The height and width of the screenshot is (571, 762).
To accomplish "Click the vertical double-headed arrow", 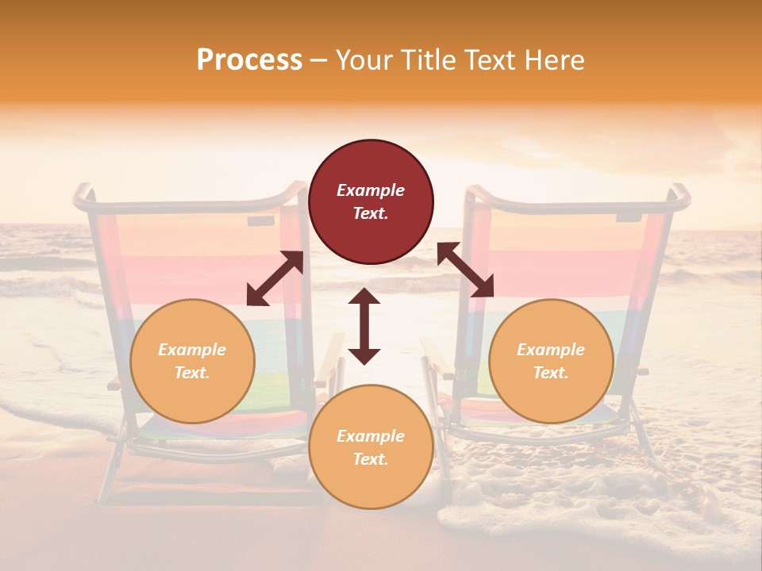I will coord(364,326).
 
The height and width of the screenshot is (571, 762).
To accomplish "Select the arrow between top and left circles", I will coord(275,278).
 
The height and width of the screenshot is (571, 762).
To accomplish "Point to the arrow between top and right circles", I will coord(465,270).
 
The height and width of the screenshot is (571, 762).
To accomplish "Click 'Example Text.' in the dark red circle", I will coord(371,201).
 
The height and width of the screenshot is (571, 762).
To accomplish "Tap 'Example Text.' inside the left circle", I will coord(192,361).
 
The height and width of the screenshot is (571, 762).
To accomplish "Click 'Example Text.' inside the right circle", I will coord(551,361).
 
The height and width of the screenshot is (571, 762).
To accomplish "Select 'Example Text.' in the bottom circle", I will coord(371,447).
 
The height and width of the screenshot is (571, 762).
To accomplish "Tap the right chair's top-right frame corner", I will coord(681,192).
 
